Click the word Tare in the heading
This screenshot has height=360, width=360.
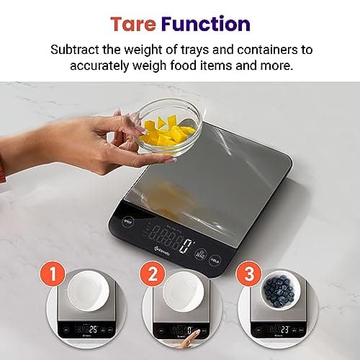click(135, 24)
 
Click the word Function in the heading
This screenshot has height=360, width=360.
click(205, 24)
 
